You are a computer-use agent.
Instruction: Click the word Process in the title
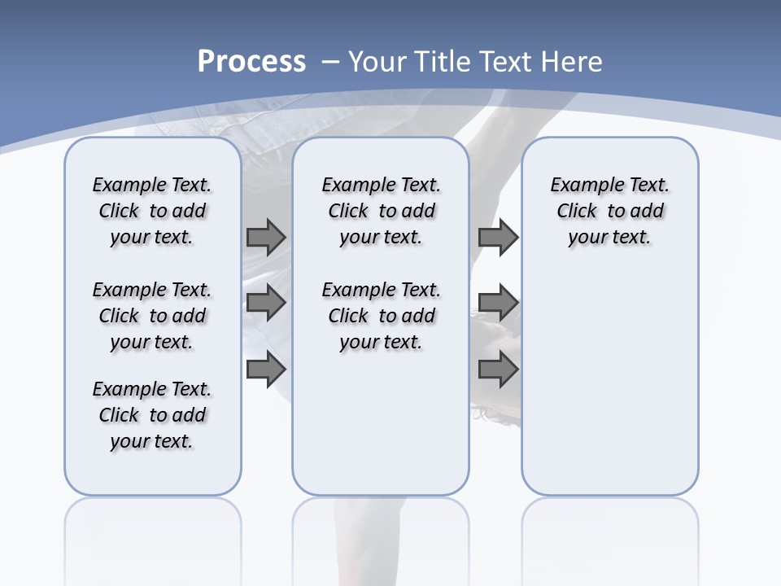(x=251, y=62)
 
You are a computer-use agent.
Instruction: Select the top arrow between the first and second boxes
(x=266, y=237)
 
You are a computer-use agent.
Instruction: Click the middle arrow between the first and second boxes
(x=266, y=303)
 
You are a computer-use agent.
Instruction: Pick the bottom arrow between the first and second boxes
(x=266, y=369)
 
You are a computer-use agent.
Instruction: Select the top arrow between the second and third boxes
(x=498, y=237)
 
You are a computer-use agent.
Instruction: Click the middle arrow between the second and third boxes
(x=498, y=303)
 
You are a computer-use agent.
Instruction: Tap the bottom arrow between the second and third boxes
(x=498, y=369)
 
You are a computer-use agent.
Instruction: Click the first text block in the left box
(x=152, y=211)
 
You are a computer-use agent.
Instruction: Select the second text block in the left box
(x=152, y=316)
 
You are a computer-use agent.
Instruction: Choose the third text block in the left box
(x=152, y=415)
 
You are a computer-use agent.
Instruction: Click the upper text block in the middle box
(x=381, y=211)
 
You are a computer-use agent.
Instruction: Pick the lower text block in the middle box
(x=381, y=316)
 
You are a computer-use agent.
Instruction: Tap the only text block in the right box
(x=609, y=211)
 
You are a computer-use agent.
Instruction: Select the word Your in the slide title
(x=378, y=62)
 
